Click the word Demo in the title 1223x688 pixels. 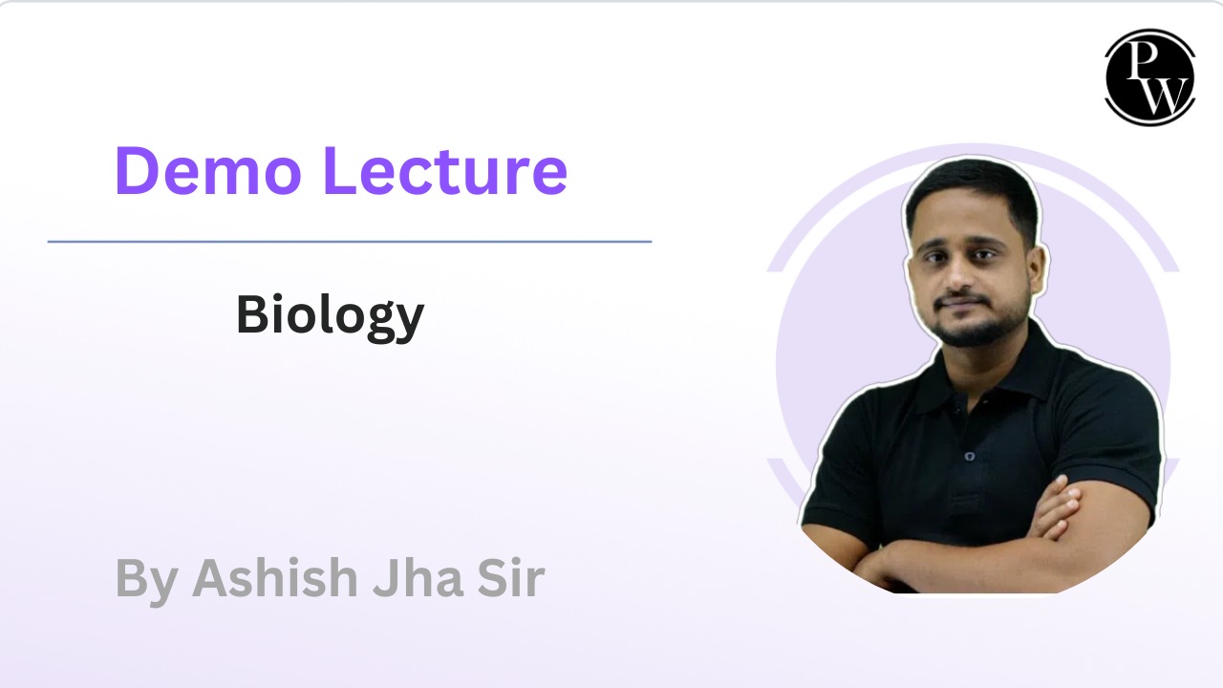point(208,170)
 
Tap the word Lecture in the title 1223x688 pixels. point(445,170)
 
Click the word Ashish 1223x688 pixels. point(274,578)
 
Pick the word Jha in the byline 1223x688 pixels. point(418,578)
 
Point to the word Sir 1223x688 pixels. point(511,578)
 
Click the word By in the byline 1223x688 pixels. point(146,582)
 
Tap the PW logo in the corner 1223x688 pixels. point(1149,77)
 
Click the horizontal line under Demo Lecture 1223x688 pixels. point(350,242)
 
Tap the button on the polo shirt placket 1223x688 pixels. point(970,456)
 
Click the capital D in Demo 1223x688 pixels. point(136,170)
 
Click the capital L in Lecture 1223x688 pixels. point(340,170)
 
